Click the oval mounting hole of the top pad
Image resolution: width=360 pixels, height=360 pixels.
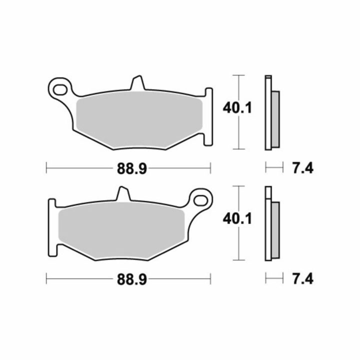pyautogui.click(x=60, y=90)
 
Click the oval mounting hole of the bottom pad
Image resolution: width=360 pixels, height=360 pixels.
pyautogui.click(x=200, y=200)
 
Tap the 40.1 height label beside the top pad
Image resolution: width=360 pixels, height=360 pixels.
pyautogui.click(x=237, y=108)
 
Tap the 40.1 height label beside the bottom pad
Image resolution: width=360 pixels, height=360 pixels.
pyautogui.click(x=237, y=218)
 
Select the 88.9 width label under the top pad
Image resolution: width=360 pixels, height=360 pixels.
pyautogui.click(x=132, y=169)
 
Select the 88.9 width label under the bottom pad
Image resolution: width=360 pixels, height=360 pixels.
pyautogui.click(x=132, y=279)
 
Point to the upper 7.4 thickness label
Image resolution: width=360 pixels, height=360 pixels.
pyautogui.click(x=303, y=169)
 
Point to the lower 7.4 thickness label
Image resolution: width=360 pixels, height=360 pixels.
pyautogui.click(x=303, y=279)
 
